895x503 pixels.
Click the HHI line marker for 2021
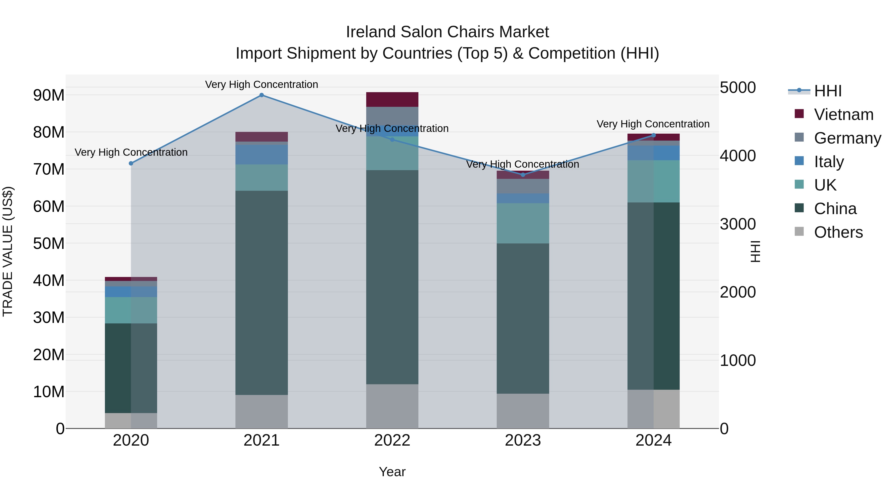[262, 95]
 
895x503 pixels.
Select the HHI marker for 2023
[523, 175]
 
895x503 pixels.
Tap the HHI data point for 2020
[131, 163]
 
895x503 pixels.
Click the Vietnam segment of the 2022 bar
[392, 100]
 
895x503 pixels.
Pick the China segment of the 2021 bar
[262, 293]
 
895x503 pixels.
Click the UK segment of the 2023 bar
[523, 223]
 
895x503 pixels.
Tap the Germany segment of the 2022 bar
[392, 116]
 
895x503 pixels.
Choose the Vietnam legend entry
[843, 115]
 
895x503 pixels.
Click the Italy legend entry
[829, 162]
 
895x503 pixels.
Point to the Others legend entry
[838, 232]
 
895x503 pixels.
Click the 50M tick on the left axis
[49, 244]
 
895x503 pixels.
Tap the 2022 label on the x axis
[392, 440]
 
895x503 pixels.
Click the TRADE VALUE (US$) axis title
[8, 251]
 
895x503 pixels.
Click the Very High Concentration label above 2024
[653, 124]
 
